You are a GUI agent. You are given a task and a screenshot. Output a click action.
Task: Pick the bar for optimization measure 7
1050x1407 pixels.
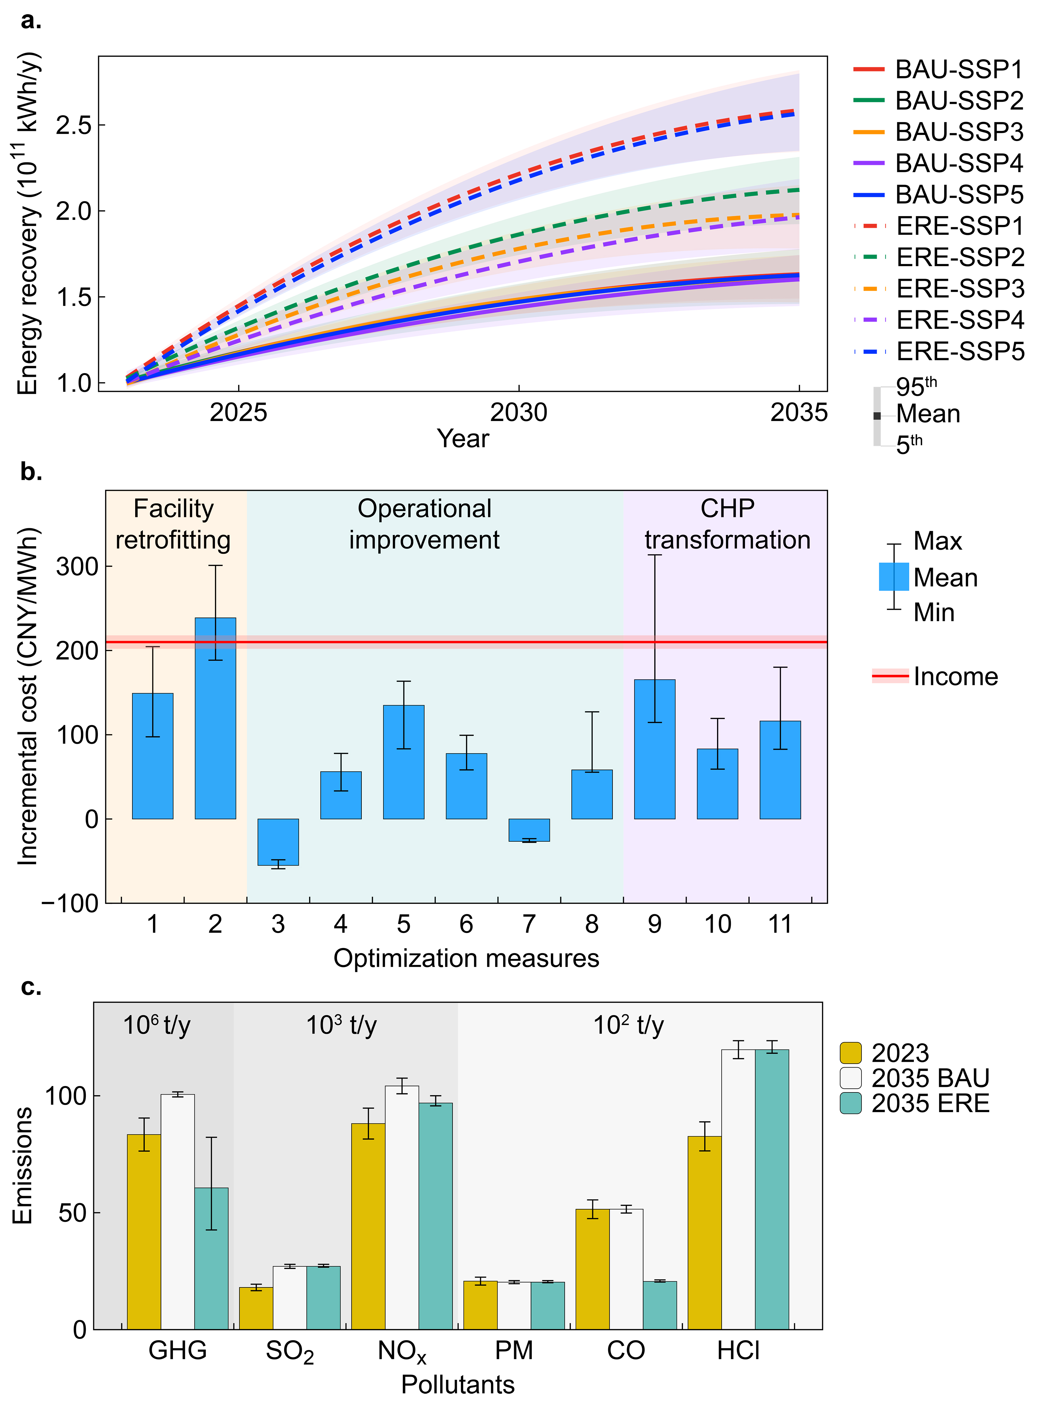529,830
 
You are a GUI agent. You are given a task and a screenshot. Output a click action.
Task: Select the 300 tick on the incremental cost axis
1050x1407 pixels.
77,566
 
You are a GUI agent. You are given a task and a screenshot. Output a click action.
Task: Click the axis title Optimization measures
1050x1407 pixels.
466,958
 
